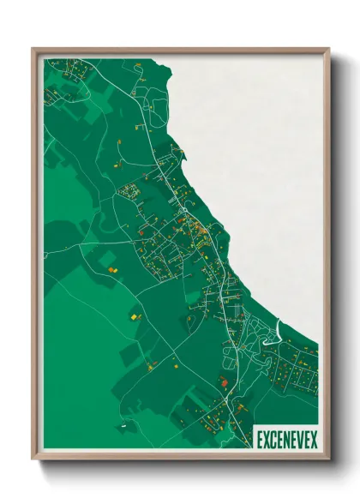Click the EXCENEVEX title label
(x=285, y=439)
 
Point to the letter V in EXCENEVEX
(x=299, y=439)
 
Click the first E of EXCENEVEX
(x=260, y=439)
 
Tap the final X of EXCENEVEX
(x=314, y=439)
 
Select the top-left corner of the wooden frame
(x=33, y=49)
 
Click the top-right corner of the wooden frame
(x=328, y=49)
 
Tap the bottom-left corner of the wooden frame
(x=33, y=459)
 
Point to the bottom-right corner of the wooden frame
(x=328, y=459)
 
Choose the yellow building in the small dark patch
(x=134, y=317)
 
